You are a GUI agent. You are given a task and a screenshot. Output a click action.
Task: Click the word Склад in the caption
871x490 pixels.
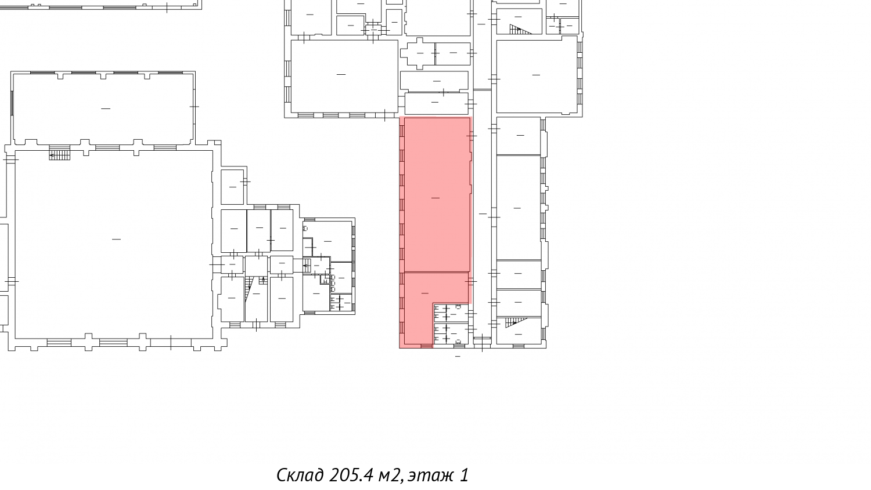click(300, 476)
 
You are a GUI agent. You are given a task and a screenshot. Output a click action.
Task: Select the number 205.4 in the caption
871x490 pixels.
click(351, 475)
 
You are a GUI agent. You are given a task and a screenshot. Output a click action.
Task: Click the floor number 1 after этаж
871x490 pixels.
click(464, 475)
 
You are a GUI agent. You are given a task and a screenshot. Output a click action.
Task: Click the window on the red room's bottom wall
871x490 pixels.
click(427, 346)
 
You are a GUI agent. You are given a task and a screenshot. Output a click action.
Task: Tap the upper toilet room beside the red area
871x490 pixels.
click(451, 313)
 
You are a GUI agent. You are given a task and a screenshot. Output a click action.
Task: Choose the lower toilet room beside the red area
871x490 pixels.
click(451, 333)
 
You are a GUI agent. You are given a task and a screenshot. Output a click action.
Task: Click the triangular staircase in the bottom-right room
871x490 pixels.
click(516, 322)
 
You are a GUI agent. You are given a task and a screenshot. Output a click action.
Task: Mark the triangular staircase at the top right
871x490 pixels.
click(520, 30)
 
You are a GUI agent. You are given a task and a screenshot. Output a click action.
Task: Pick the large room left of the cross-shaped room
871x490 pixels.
click(344, 77)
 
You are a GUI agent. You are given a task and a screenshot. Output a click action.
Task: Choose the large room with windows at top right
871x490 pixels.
click(537, 77)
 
